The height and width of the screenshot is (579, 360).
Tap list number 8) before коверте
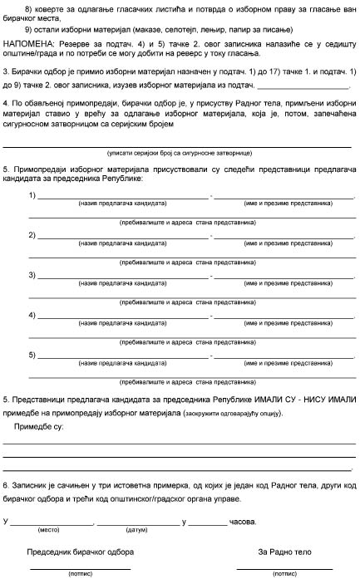pyautogui.click(x=32, y=7)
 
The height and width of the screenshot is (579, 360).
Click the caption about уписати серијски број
pyautogui.click(x=175, y=155)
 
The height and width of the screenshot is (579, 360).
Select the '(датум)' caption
pyautogui.click(x=136, y=529)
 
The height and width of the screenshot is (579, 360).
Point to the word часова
pyautogui.click(x=243, y=522)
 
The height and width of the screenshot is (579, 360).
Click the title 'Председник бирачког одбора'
pyautogui.click(x=81, y=552)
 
